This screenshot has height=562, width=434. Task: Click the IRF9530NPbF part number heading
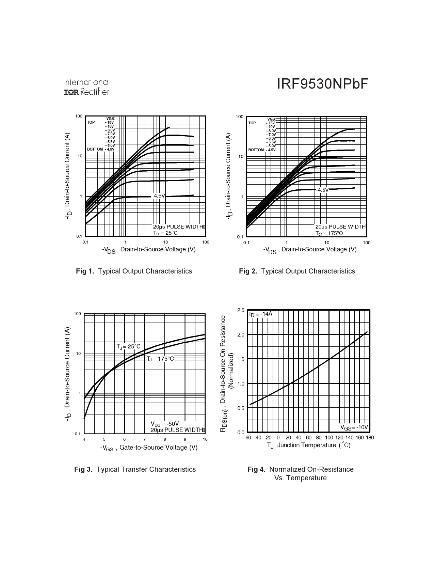point(322,84)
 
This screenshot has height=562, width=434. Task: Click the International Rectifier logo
point(86,87)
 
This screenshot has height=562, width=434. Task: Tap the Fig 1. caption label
point(85,271)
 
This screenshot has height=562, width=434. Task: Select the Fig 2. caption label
point(248,271)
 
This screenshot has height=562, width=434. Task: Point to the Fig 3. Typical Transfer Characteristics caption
point(135,469)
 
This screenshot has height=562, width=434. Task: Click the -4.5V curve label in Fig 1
point(158,196)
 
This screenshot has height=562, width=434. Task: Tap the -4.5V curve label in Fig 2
point(322,190)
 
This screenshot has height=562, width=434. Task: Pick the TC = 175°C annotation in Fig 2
point(329,233)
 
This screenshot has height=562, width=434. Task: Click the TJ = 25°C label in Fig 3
point(128,347)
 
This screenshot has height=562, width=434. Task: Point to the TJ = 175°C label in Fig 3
point(160,359)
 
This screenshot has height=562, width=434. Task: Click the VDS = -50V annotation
point(164,424)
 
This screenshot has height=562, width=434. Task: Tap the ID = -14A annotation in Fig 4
point(261,314)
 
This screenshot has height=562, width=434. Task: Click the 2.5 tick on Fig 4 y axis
point(241,310)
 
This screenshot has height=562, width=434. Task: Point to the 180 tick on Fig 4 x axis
point(370,438)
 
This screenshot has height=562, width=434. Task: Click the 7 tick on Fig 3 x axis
point(145,439)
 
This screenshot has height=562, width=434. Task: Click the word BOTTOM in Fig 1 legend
point(95,149)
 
